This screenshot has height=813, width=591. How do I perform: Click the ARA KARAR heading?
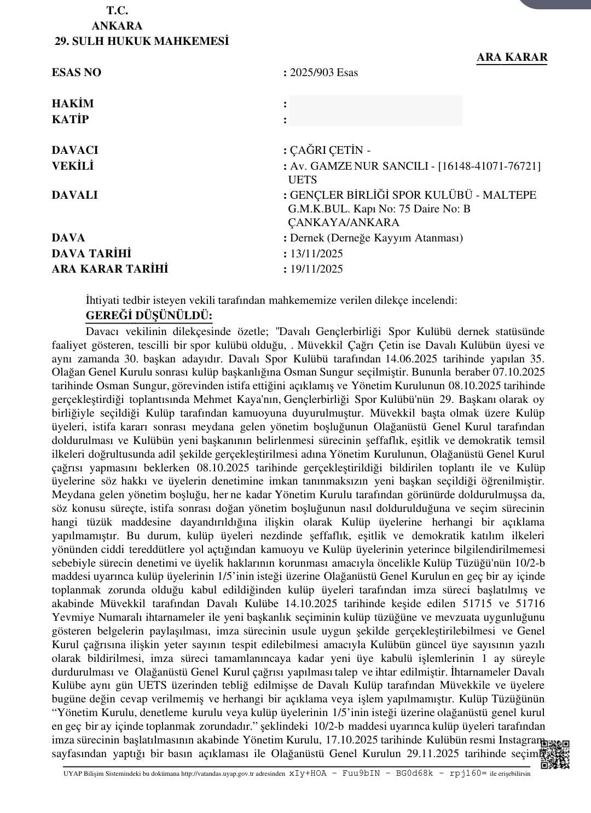(512, 57)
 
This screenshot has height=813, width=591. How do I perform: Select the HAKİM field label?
(73, 103)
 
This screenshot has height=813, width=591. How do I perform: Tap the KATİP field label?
(70, 119)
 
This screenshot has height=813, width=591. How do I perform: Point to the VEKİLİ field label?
(72, 165)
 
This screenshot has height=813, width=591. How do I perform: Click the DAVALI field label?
(74, 195)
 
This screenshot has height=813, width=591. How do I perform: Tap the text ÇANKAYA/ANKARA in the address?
(344, 222)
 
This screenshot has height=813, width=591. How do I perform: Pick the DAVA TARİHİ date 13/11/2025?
(316, 253)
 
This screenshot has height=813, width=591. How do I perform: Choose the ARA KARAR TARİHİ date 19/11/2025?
(316, 269)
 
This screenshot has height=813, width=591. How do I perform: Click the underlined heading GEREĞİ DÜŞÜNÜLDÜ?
(149, 316)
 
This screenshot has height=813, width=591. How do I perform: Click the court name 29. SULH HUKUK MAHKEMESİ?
(142, 41)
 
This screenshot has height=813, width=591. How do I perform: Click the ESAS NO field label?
(77, 72)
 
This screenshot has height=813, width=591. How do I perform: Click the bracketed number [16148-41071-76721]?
(489, 165)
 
